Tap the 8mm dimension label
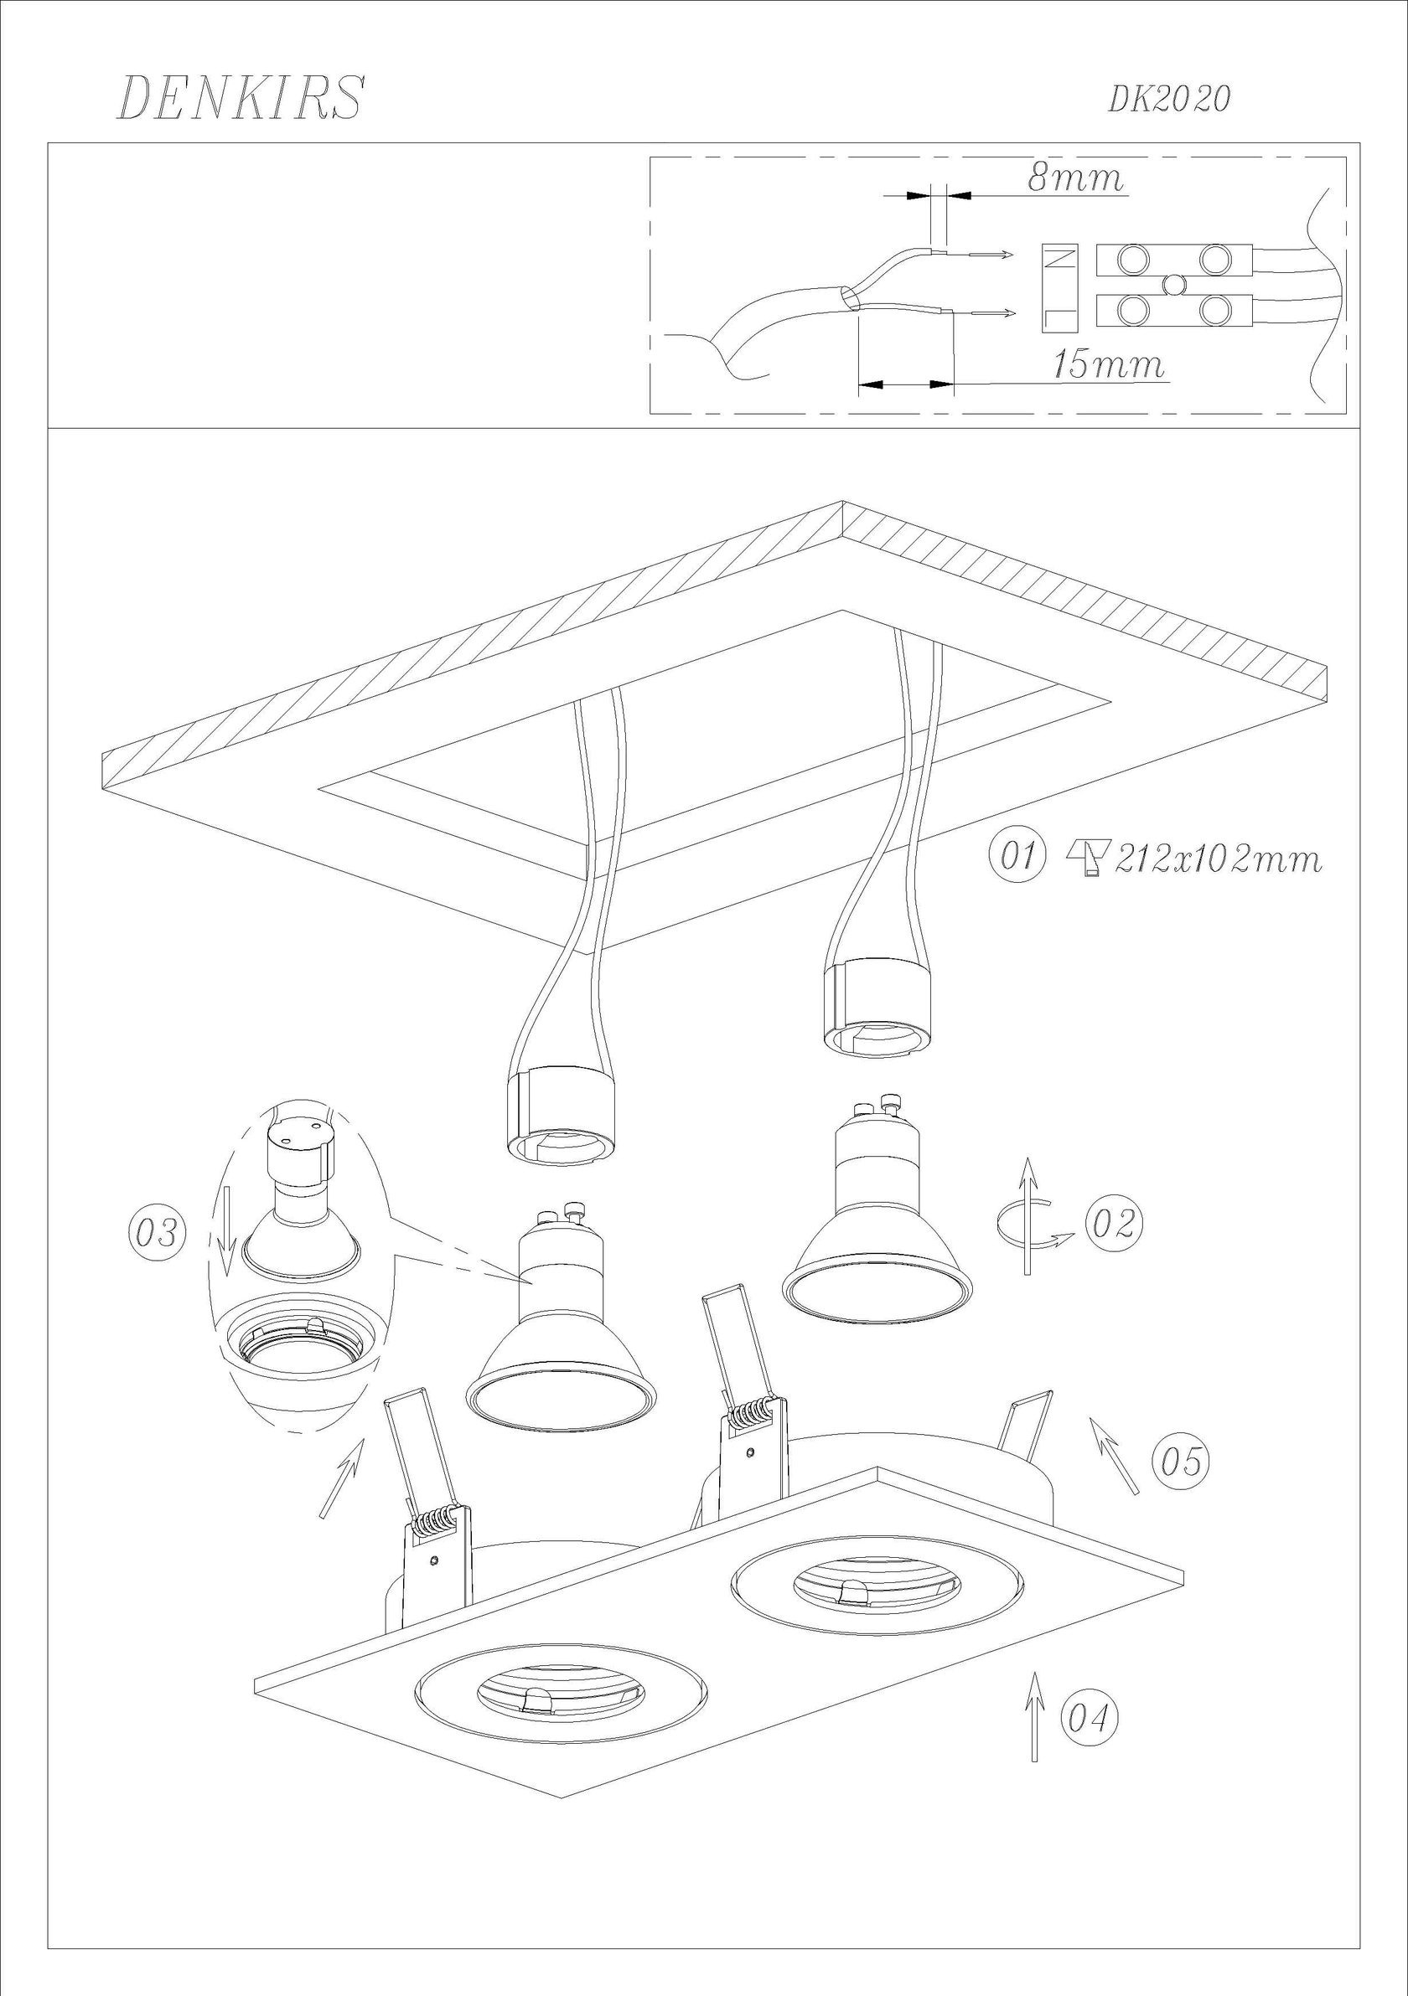point(1075,178)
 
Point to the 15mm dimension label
point(1109,365)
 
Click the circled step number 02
point(1113,1223)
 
